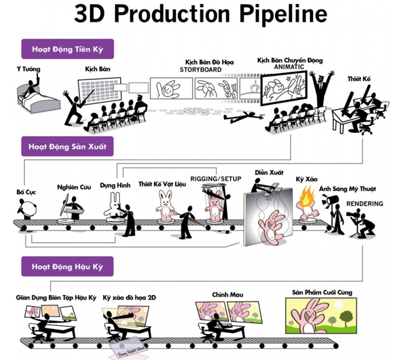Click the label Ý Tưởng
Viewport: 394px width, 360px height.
[24, 68]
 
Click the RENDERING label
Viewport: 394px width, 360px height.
[364, 204]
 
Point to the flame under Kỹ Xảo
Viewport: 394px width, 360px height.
[306, 198]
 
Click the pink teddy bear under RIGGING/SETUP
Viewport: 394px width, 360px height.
[213, 206]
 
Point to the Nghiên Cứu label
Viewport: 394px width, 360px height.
[72, 187]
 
